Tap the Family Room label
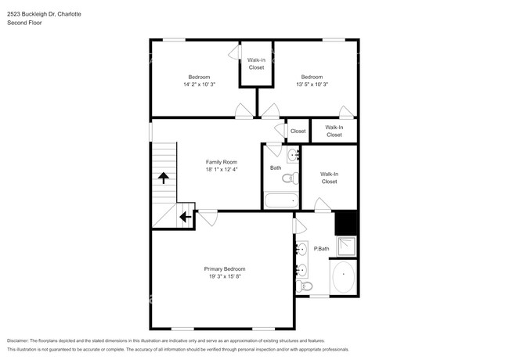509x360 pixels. [x=221, y=162]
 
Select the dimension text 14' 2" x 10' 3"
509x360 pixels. [x=199, y=84]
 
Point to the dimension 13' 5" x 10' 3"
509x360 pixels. [x=312, y=84]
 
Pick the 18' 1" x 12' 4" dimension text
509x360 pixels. [x=221, y=169]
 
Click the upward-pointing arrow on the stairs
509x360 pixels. [x=164, y=178]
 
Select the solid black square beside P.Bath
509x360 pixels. [x=346, y=223]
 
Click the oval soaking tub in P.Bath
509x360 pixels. [x=344, y=278]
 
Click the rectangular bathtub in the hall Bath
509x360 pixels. [x=278, y=201]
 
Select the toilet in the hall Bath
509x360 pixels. [x=288, y=178]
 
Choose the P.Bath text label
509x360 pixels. [x=321, y=249]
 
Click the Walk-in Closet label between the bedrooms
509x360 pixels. [x=256, y=63]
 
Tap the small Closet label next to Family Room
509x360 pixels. [x=298, y=131]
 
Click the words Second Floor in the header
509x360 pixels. [x=25, y=23]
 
